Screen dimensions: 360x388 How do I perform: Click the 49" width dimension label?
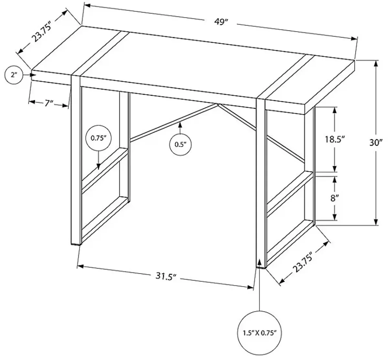(222, 21)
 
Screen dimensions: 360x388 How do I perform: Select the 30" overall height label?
(376, 142)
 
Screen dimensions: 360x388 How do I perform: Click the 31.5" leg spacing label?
(164, 277)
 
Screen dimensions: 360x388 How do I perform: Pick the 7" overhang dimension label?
(48, 103)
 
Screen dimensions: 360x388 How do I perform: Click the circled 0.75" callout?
(98, 138)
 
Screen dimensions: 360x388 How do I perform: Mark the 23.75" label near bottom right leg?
(303, 263)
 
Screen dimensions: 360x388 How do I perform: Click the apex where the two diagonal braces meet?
(218, 104)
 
